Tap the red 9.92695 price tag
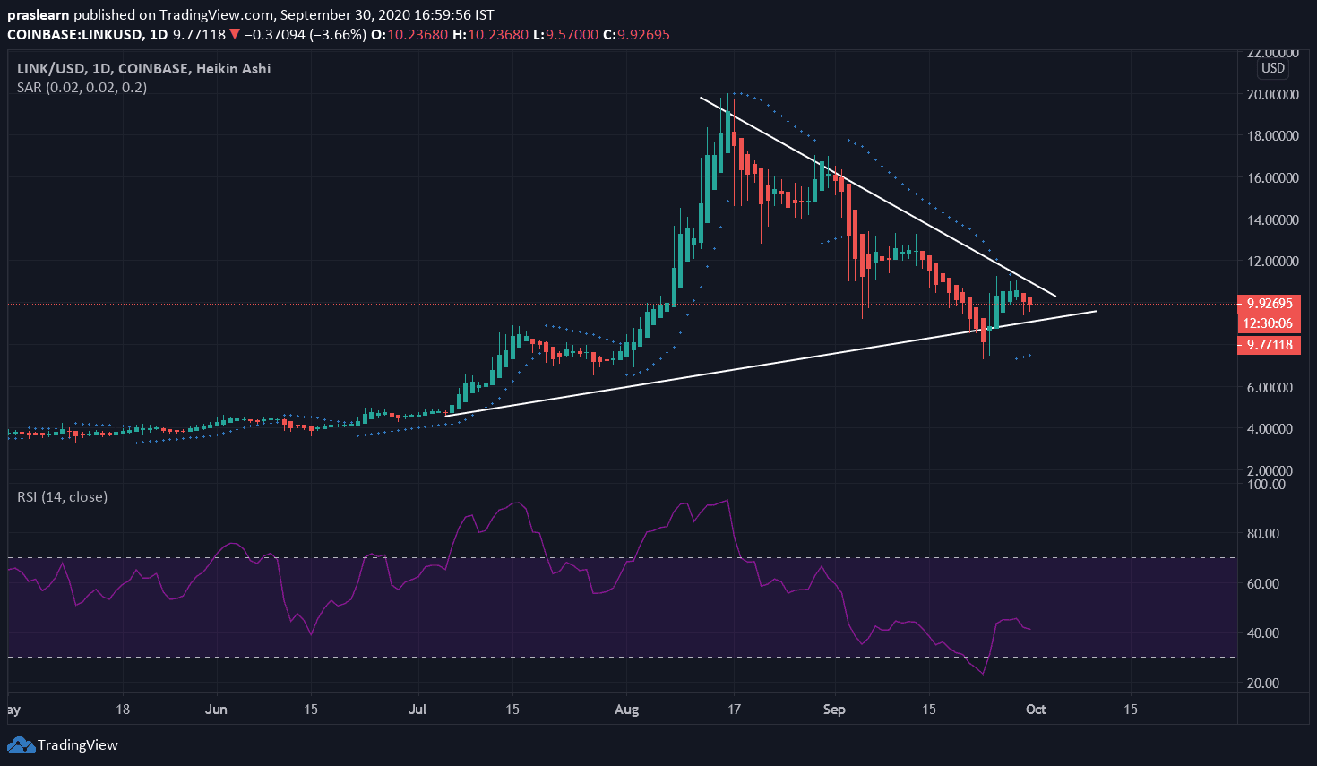pos(1269,303)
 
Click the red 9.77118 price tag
pos(1269,345)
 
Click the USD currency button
pos(1272,68)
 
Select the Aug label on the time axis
pos(627,710)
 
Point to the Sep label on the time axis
pos(834,710)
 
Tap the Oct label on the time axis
pos(1036,710)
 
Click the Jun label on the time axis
pos(216,710)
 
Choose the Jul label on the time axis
pos(417,710)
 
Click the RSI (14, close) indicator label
pos(62,496)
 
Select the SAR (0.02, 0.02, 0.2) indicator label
pos(82,88)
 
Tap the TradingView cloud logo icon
pos(21,744)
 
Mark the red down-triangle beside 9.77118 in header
pos(234,35)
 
